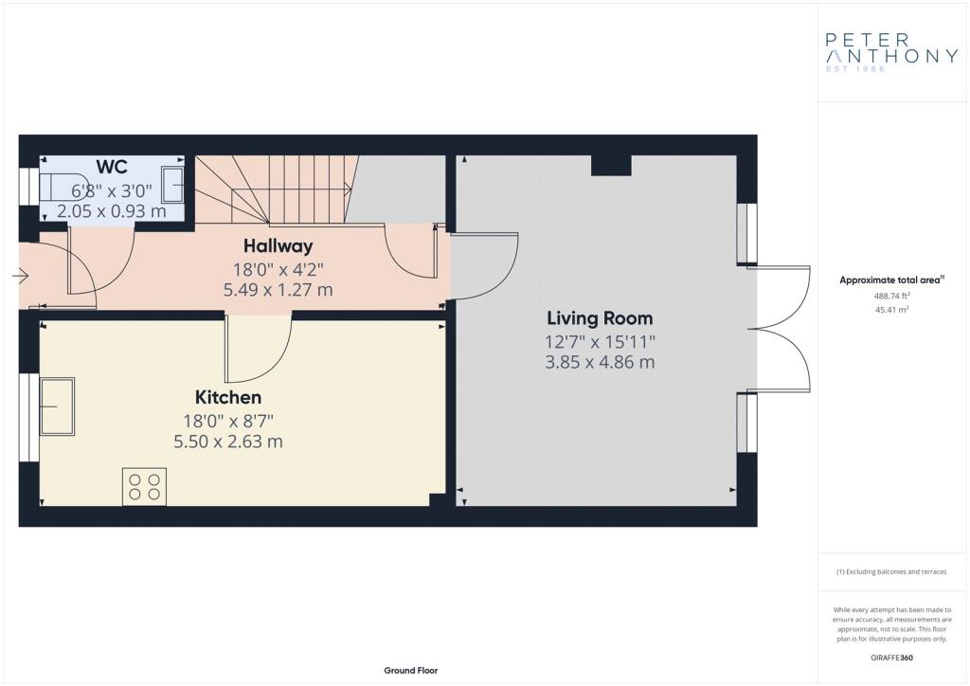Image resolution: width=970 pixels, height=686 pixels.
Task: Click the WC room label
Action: (x=112, y=167)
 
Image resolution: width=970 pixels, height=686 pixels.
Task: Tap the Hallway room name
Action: (x=278, y=246)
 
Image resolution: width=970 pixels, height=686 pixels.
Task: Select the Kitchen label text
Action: (x=228, y=397)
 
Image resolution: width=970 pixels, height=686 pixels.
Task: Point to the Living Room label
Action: (x=600, y=318)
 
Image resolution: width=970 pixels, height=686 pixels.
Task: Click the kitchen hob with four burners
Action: (x=144, y=486)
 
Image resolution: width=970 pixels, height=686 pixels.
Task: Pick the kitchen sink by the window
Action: (x=58, y=406)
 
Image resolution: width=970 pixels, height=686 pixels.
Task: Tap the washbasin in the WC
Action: (x=172, y=185)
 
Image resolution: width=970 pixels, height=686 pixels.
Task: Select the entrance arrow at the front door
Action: (x=20, y=276)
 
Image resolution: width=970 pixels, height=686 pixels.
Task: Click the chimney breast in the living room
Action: (x=611, y=166)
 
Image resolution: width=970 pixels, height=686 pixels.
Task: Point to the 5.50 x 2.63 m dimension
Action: (x=228, y=442)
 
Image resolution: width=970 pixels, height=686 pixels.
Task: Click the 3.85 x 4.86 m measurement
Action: (x=600, y=362)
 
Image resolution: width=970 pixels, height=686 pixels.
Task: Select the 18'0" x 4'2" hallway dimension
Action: (x=278, y=270)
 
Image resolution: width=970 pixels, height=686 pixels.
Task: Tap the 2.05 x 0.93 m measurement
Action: (x=112, y=211)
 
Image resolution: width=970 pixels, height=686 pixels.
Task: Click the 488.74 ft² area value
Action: (x=891, y=296)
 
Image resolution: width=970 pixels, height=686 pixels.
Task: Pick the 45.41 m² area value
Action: (x=891, y=309)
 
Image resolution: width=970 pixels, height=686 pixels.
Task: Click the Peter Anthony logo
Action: (x=891, y=52)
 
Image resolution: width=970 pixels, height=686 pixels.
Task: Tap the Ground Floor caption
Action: (x=411, y=671)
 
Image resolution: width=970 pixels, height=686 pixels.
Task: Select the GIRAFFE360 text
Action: (x=891, y=658)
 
